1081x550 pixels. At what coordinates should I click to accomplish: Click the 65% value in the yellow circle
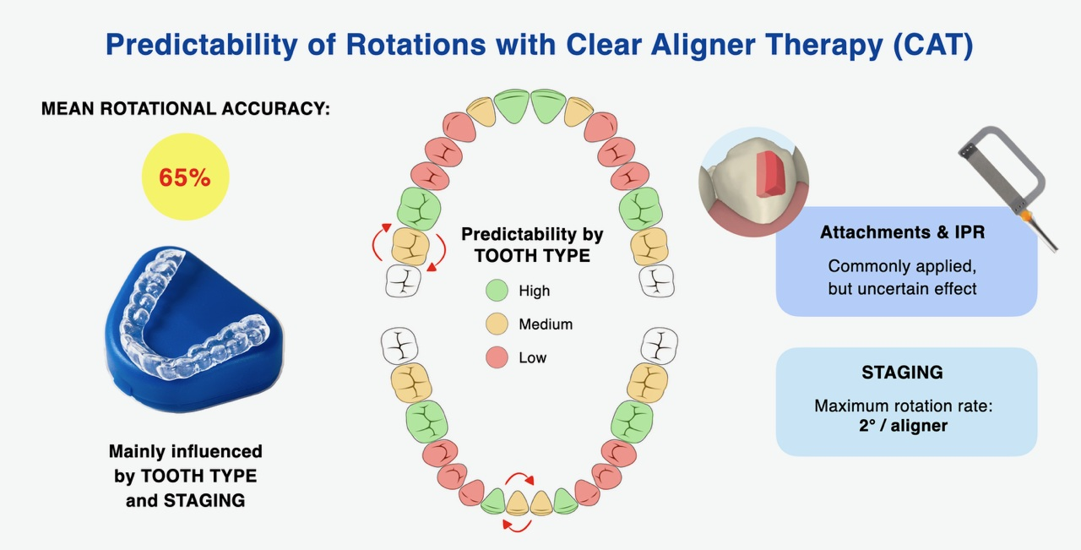[185, 177]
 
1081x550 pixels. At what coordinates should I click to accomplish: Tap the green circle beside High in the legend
[497, 291]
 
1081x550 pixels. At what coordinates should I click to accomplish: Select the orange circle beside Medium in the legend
[497, 324]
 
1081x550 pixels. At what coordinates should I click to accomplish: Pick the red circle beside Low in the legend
[497, 357]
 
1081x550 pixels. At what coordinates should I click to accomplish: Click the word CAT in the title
[932, 45]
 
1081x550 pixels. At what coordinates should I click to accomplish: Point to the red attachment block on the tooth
[769, 174]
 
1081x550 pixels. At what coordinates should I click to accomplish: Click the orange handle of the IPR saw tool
[1026, 216]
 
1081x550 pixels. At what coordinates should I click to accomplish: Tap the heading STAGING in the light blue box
[903, 373]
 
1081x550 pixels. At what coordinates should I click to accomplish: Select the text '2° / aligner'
[903, 426]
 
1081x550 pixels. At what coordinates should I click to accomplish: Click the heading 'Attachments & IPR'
[903, 232]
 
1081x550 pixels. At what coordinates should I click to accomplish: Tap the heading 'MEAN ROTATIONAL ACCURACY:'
[185, 109]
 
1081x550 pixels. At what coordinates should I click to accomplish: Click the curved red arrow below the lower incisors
[517, 527]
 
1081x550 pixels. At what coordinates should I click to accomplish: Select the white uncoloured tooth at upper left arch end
[403, 280]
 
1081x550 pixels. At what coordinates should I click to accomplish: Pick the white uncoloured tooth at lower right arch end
[660, 345]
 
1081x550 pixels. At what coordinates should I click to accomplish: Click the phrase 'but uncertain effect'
[903, 289]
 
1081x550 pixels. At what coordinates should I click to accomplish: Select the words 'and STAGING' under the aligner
[185, 501]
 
